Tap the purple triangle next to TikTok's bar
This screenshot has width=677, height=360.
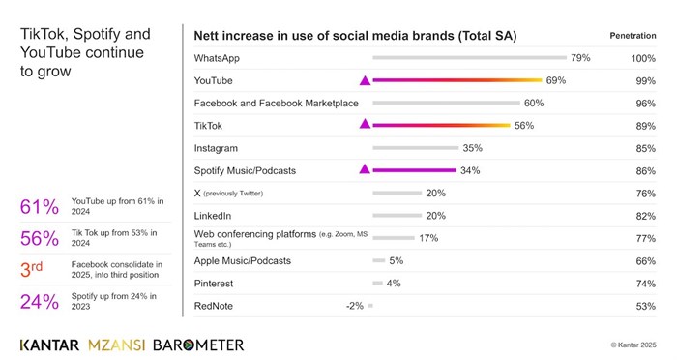click(x=365, y=125)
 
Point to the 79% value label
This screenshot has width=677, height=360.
click(x=580, y=58)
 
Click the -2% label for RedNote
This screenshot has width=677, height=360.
click(x=355, y=306)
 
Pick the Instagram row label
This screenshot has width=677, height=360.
click(x=216, y=148)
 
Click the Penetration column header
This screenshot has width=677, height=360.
click(x=633, y=36)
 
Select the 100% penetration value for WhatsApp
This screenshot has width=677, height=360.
click(x=643, y=59)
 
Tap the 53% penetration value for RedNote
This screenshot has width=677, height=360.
click(x=646, y=306)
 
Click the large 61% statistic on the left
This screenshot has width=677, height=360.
click(x=40, y=207)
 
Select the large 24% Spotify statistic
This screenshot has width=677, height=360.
click(x=40, y=301)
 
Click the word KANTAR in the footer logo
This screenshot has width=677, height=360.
click(x=49, y=345)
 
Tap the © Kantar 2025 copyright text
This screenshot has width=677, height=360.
click(x=633, y=345)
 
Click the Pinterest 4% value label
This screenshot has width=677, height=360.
click(x=394, y=284)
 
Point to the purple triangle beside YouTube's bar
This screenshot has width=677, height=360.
click(x=365, y=80)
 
